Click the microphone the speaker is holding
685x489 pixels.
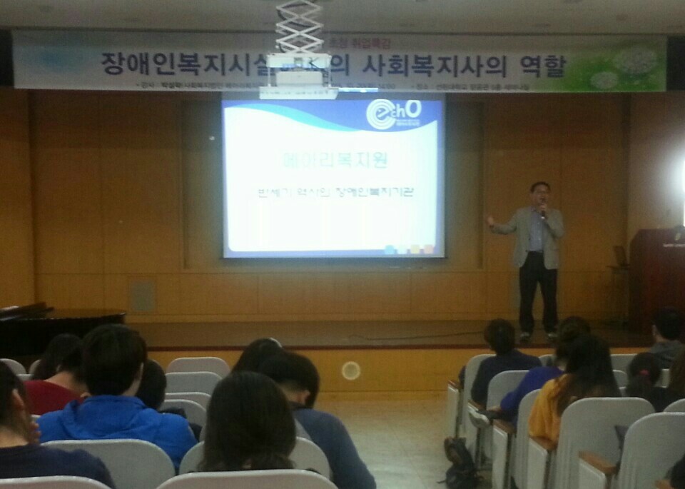pos(542,210)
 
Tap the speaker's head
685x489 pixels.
pos(540,193)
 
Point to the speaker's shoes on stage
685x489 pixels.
pos(537,335)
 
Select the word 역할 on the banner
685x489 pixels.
pos(542,66)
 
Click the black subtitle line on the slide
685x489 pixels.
pos(333,192)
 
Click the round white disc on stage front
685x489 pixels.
pos(350,370)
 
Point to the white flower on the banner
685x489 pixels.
pos(634,61)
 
